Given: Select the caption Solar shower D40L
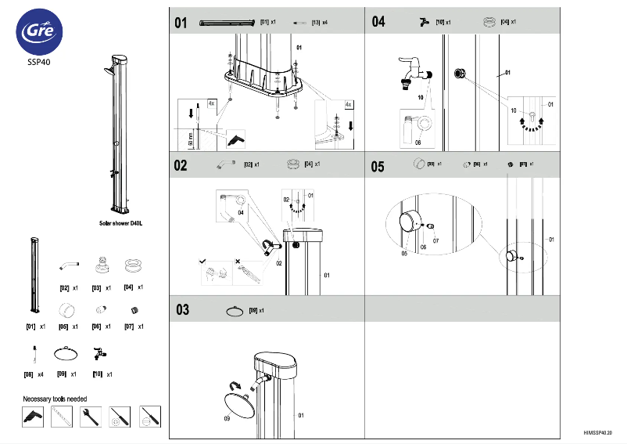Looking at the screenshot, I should coord(120,223).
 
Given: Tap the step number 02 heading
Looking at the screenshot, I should coord(181,165).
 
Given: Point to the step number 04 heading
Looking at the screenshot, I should coord(378,22).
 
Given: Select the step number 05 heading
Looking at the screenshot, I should coord(378,166).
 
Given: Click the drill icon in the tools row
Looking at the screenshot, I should coord(32,417).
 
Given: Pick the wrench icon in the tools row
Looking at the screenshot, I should coord(91,417).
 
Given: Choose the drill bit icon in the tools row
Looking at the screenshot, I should coord(62,417).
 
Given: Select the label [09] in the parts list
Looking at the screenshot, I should coord(62,374).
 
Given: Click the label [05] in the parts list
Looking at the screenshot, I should coord(63,326).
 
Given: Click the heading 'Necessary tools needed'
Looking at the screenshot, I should coord(55,399).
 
